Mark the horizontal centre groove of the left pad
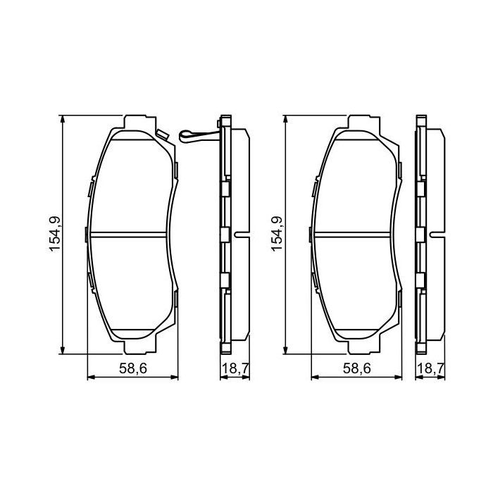click(132, 235)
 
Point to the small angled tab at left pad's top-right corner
click(163, 134)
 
